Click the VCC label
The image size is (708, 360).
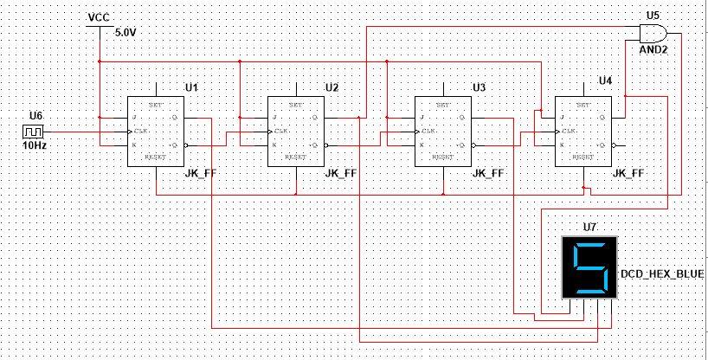coord(100,18)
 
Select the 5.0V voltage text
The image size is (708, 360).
coord(127,32)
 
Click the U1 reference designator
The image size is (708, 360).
coord(192,87)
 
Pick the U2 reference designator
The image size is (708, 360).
coord(332,87)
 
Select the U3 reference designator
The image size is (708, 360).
coord(480,87)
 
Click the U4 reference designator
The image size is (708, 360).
coord(606,80)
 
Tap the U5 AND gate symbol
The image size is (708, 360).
coord(651,34)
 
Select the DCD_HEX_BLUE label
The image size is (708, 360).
coord(663,274)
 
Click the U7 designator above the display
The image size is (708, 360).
coord(589,228)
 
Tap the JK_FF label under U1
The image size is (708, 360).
coord(200,174)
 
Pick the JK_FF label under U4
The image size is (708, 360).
coord(627,174)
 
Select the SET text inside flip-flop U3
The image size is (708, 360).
coord(442,104)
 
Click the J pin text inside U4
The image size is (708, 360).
coord(563,118)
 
